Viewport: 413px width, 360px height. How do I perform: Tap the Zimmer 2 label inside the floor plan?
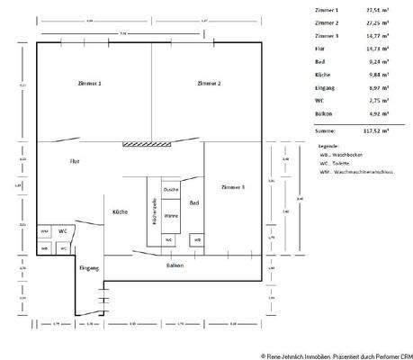[x=209, y=83]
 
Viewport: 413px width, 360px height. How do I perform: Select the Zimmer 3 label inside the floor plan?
[x=232, y=186]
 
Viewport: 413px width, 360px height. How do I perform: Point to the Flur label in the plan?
[x=75, y=161]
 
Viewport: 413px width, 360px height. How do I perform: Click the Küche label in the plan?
[x=120, y=211]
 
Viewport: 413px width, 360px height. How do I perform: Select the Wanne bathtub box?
[x=170, y=216]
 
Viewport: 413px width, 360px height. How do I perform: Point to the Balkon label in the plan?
[x=175, y=266]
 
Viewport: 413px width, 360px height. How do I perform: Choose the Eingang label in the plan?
[x=88, y=268]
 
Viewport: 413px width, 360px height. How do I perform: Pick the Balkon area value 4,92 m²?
[x=376, y=113]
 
